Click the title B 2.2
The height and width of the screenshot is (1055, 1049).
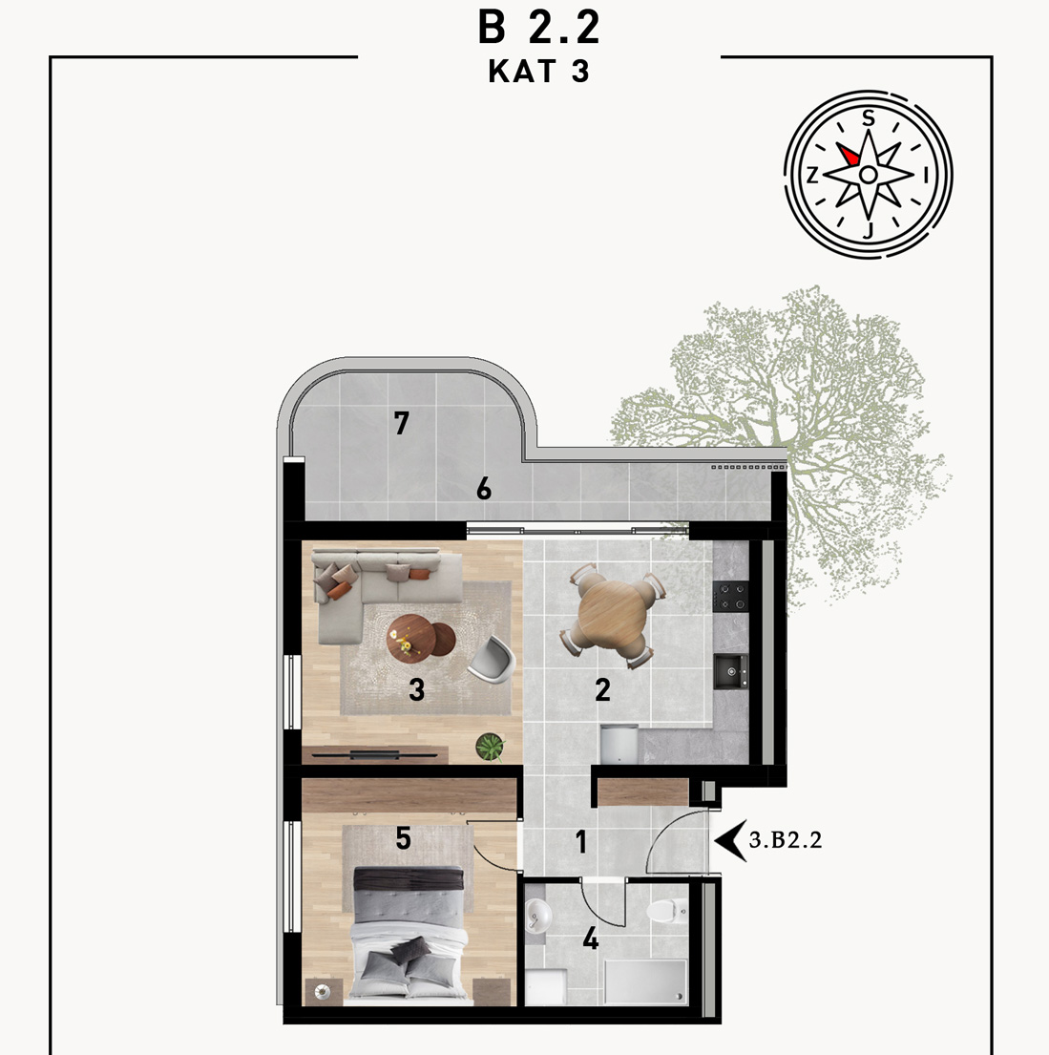[538, 29]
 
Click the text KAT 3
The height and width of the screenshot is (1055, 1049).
[538, 72]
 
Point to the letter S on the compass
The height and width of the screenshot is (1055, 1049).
[869, 118]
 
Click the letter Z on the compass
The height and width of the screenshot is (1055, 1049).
[812, 176]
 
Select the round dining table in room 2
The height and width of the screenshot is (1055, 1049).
[612, 615]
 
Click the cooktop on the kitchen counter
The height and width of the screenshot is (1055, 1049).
[731, 597]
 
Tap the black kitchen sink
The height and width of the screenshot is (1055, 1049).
[731, 671]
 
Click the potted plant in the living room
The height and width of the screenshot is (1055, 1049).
[490, 747]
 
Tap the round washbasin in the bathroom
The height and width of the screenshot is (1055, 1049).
[538, 916]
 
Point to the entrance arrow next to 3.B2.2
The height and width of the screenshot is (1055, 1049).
[730, 840]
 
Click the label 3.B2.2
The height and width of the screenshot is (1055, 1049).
[786, 840]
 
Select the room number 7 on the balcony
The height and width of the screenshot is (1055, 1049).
[402, 423]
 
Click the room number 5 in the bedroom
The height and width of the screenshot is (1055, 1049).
[403, 838]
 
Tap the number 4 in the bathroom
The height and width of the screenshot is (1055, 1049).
[591, 938]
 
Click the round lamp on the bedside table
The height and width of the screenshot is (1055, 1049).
[321, 992]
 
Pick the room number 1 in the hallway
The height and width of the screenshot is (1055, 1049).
[581, 842]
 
